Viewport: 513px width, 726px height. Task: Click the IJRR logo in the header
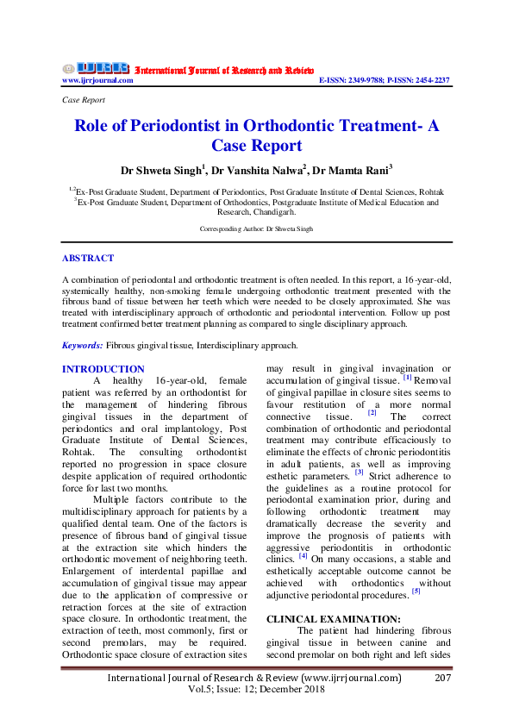(96, 68)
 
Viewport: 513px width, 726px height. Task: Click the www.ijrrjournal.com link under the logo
(97, 80)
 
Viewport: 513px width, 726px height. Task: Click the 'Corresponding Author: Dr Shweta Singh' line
(256, 228)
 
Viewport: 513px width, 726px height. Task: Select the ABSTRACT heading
(88, 258)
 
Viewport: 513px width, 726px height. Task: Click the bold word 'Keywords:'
(83, 345)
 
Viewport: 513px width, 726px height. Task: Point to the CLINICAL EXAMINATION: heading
(322, 619)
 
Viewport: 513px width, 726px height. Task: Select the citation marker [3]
(360, 473)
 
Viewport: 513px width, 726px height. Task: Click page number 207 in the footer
(441, 679)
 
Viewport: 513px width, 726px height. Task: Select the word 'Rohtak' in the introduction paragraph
(83, 452)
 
